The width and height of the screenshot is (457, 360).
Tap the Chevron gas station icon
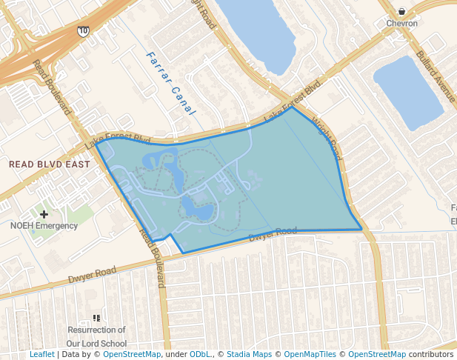(x=401, y=11)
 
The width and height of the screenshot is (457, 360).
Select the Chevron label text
(x=401, y=24)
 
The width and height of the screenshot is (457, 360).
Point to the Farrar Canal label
(x=170, y=83)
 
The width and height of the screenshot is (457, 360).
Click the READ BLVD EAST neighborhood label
(x=49, y=164)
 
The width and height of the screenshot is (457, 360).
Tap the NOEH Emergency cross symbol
(x=44, y=213)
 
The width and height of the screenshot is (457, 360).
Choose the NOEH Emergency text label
(x=44, y=225)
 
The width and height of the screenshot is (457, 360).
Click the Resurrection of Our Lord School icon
(x=96, y=318)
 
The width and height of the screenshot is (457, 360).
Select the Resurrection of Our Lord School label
(x=96, y=336)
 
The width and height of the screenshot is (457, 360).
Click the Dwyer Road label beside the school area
(x=93, y=275)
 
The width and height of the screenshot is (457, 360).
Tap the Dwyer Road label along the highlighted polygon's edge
(x=273, y=235)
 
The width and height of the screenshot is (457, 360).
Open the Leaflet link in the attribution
(x=42, y=355)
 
